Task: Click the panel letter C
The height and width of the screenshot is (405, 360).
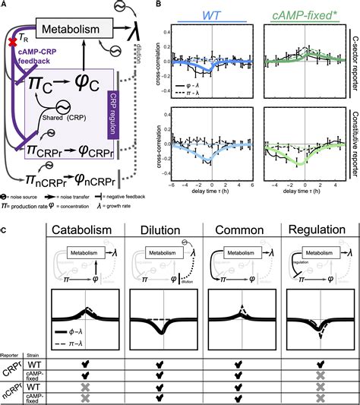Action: [x=5, y=225]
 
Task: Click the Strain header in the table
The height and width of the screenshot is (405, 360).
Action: [x=33, y=352]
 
